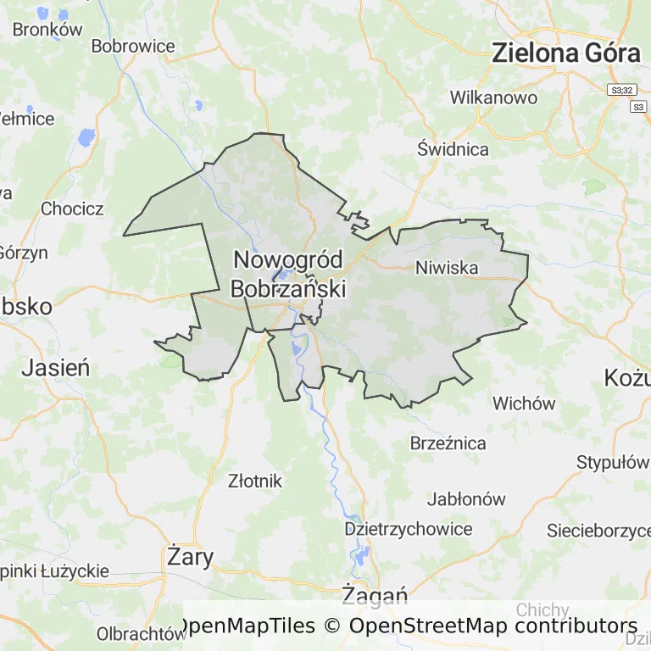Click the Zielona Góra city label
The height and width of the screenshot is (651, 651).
565,53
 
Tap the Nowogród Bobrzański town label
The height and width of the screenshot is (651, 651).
288,274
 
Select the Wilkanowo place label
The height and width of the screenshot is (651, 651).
493,97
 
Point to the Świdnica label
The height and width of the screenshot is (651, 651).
453,149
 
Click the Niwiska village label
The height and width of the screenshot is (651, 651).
447,268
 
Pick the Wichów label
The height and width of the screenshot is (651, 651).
524,403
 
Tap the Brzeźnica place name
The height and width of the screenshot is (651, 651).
448,443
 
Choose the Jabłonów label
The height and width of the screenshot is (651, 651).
466,498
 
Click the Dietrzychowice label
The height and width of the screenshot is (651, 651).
409,529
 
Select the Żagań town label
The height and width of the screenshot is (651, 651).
375,596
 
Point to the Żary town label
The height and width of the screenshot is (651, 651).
191,556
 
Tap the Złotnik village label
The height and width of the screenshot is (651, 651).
255,481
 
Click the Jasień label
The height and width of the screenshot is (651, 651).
56,367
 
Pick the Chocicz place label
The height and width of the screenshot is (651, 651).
72,209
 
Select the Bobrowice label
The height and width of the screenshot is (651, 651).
133,46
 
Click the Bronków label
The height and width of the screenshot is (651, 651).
47,29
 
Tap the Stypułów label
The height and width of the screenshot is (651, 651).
611,463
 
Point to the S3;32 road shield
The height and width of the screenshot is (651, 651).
621,89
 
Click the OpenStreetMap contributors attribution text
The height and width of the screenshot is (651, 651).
492,626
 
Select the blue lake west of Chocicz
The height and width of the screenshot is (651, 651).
86,136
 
